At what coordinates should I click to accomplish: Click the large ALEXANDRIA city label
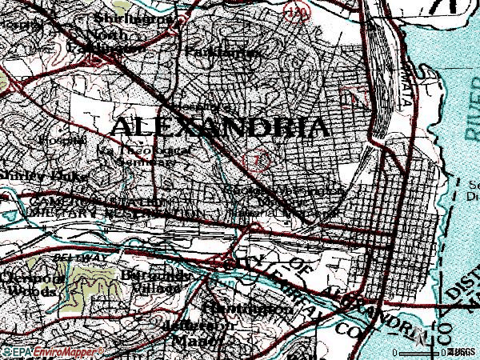click(218, 127)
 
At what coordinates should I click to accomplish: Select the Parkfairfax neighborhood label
click(223, 52)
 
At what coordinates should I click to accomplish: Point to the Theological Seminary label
click(133, 155)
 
